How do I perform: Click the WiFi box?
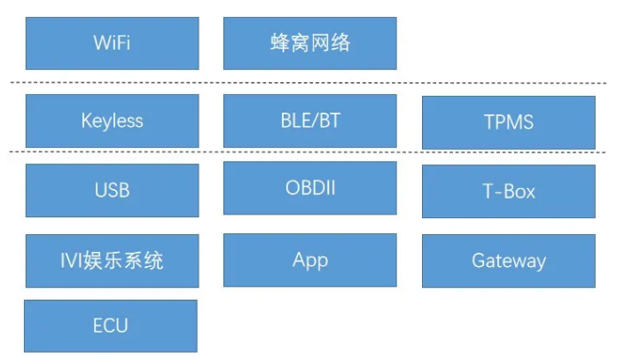point(113,43)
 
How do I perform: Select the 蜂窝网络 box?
point(310,43)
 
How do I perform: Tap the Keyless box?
point(113,121)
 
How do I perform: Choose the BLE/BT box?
point(310,121)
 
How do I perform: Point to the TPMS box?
point(509,122)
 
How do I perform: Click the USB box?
point(113,191)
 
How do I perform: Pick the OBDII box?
point(310,188)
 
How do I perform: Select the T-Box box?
point(509,192)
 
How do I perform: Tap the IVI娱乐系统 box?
point(113,261)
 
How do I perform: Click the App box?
point(310,260)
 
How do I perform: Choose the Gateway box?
point(509,261)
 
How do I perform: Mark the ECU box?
point(111,326)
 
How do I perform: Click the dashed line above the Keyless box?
point(308,83)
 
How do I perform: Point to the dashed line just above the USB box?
point(307,152)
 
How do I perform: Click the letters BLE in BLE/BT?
point(293,121)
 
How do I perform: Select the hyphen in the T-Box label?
point(498,193)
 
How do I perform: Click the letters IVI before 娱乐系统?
point(71,261)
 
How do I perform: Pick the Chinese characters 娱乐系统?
point(122,261)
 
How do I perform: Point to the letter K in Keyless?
point(87,121)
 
